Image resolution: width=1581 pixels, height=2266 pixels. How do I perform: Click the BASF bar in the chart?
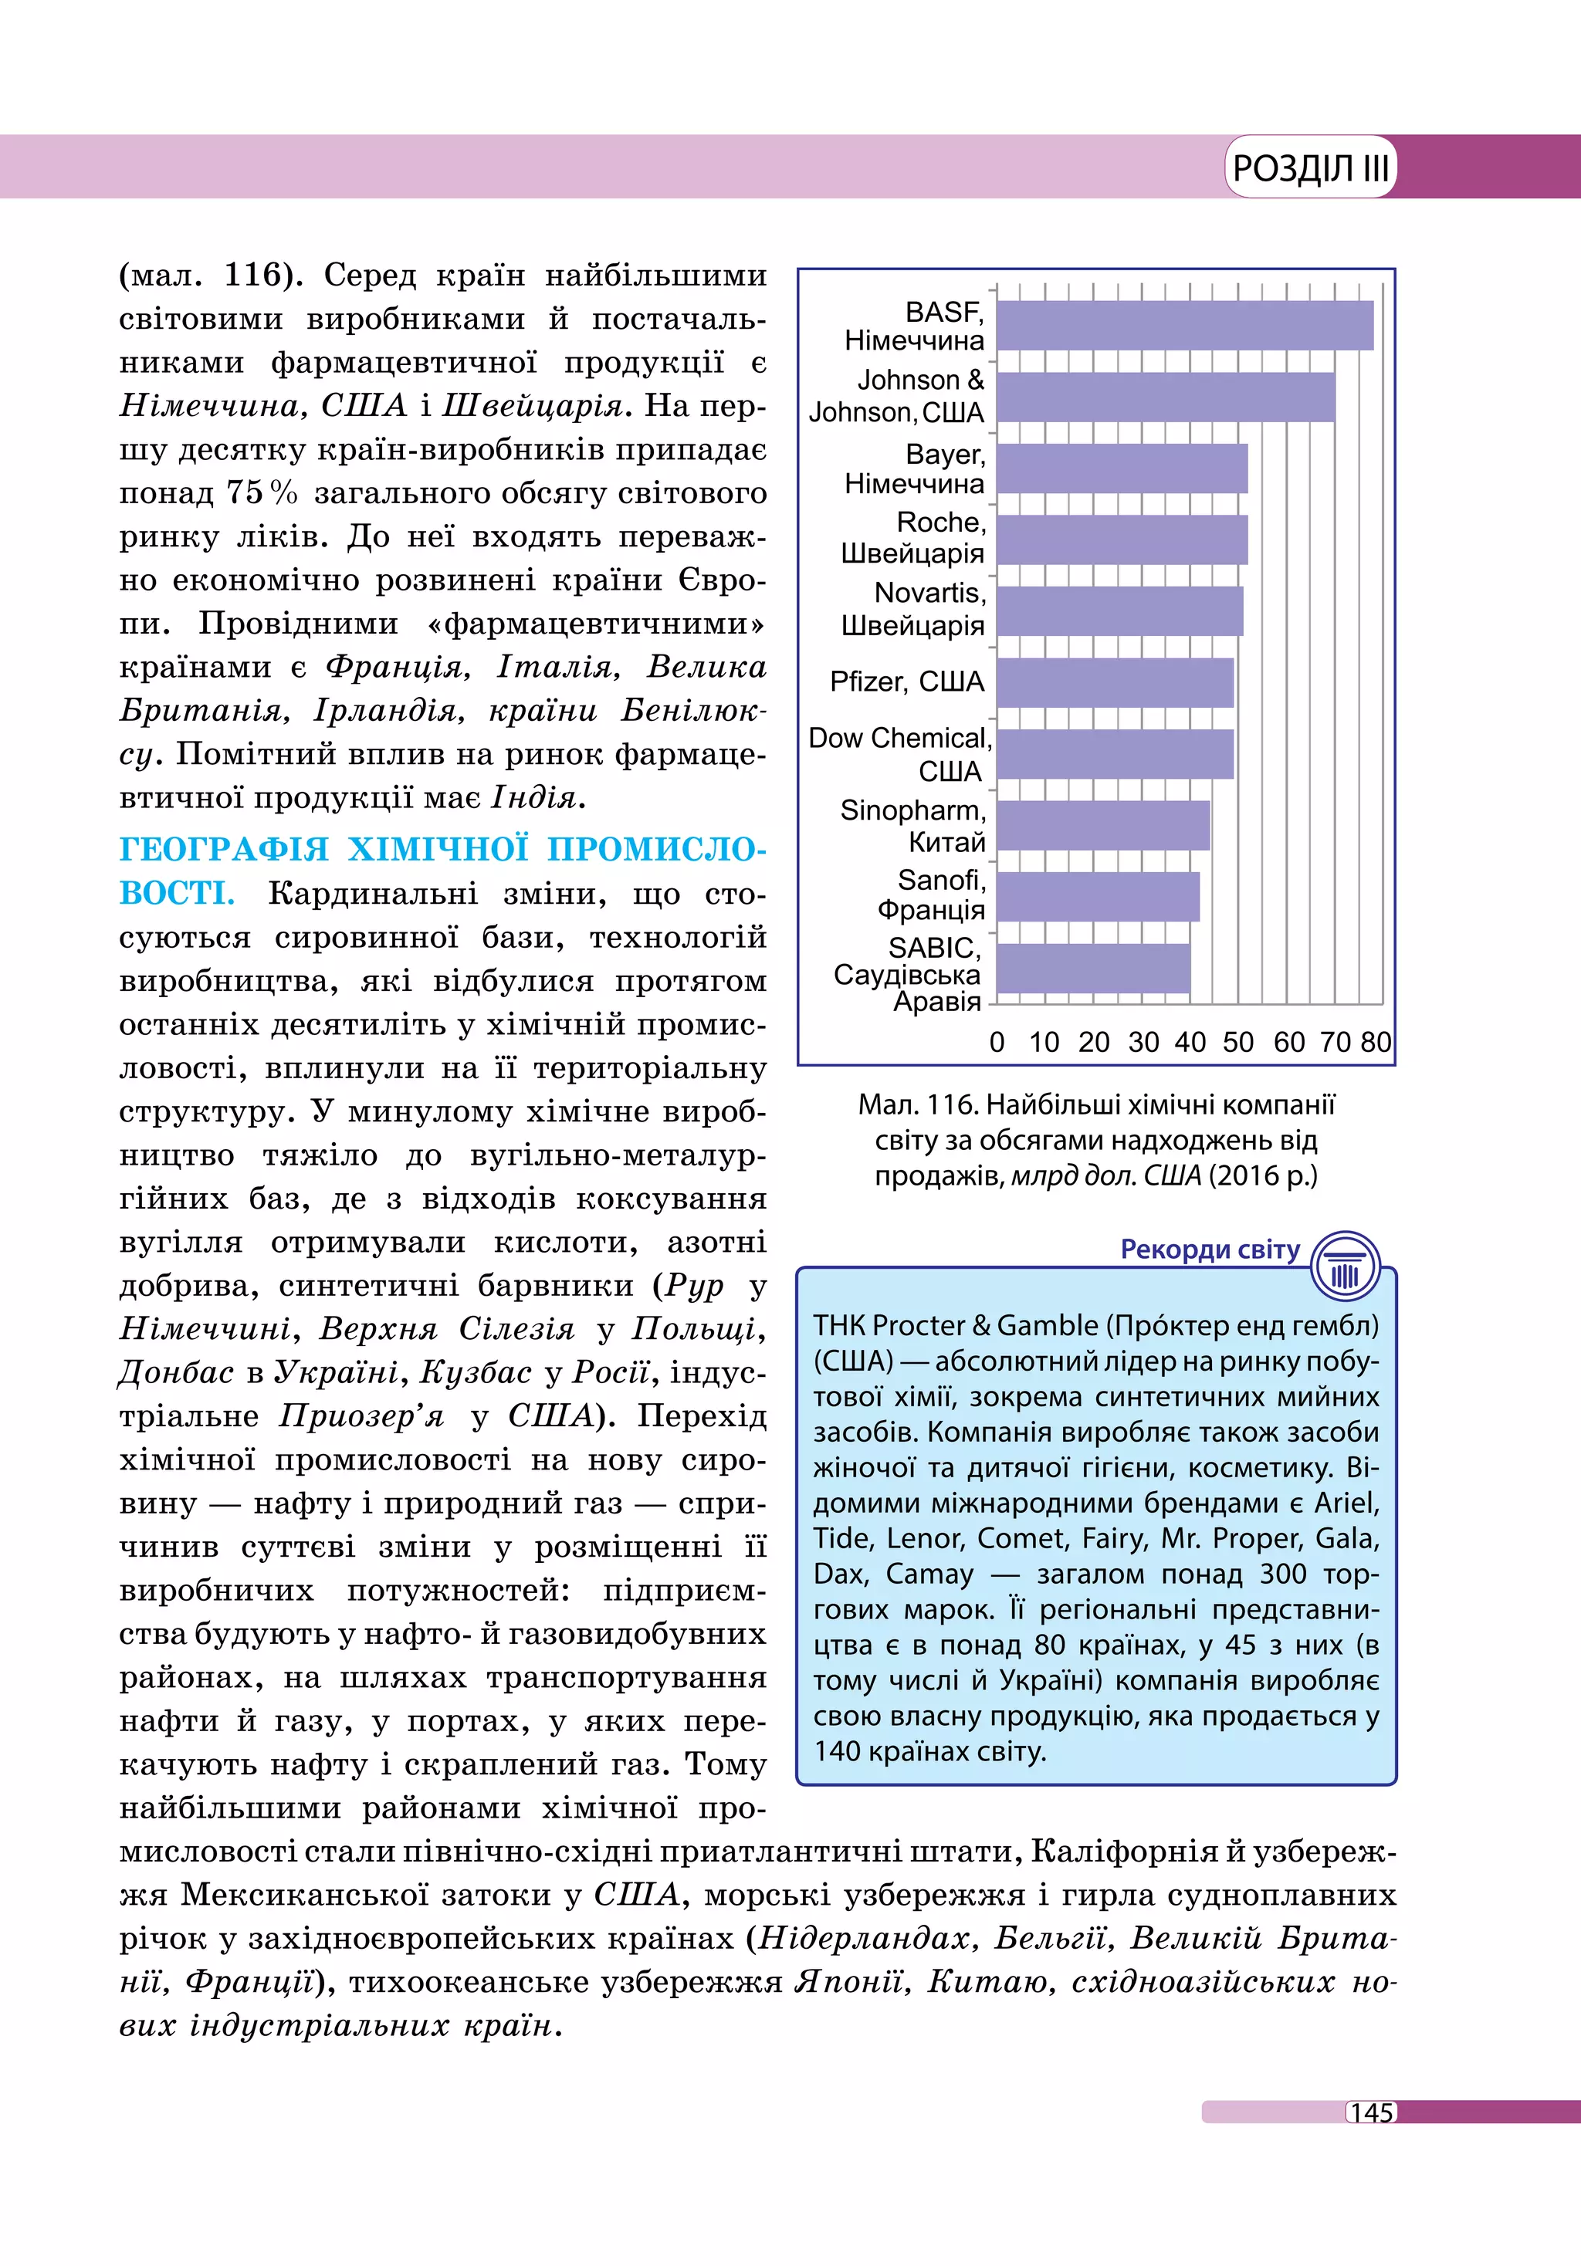click(x=1184, y=326)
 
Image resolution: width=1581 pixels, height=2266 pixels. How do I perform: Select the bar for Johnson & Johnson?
click(x=1165, y=397)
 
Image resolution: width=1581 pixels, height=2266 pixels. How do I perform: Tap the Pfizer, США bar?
click(x=1116, y=683)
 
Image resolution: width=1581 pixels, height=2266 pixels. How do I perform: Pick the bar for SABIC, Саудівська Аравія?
click(x=1093, y=968)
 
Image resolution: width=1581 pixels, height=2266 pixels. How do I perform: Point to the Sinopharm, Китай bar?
click(x=1103, y=825)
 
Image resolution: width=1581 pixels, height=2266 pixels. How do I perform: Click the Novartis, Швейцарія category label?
click(x=914, y=609)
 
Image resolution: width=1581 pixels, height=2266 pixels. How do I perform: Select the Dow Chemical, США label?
click(x=900, y=754)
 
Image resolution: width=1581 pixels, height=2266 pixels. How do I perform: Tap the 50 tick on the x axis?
click(x=1237, y=1042)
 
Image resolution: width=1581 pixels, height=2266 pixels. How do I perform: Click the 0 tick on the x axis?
click(x=997, y=1042)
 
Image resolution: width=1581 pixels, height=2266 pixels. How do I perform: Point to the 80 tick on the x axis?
click(x=1376, y=1042)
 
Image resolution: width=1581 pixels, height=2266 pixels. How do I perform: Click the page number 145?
click(x=1372, y=2112)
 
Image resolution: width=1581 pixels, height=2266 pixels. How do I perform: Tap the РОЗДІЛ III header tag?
click(x=1311, y=167)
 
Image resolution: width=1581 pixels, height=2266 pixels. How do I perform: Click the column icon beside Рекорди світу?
click(x=1345, y=1267)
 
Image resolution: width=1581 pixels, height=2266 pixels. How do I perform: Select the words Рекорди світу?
click(x=1210, y=1250)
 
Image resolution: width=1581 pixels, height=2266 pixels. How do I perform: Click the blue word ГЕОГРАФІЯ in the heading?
click(x=224, y=850)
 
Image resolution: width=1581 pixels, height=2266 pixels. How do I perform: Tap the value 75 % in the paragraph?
click(x=262, y=492)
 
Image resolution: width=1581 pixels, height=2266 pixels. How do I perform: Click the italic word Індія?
click(x=535, y=796)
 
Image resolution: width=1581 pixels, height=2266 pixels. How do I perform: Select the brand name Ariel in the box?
click(x=1346, y=1503)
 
